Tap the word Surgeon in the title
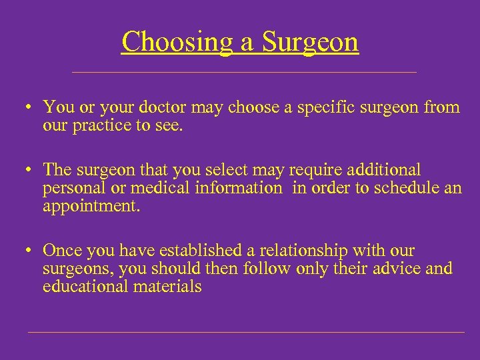pos(310,42)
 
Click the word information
pos(238,189)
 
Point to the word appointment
pos(91,206)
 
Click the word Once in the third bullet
pos(63,251)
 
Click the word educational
pos(86,286)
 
